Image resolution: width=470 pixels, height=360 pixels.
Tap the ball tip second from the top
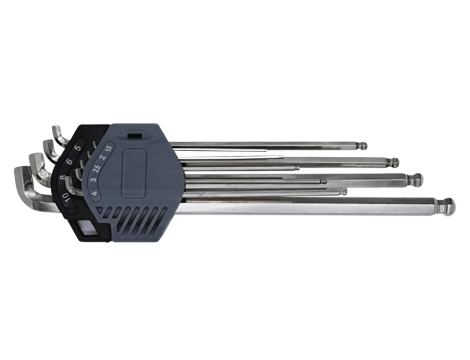(x=394, y=160)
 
